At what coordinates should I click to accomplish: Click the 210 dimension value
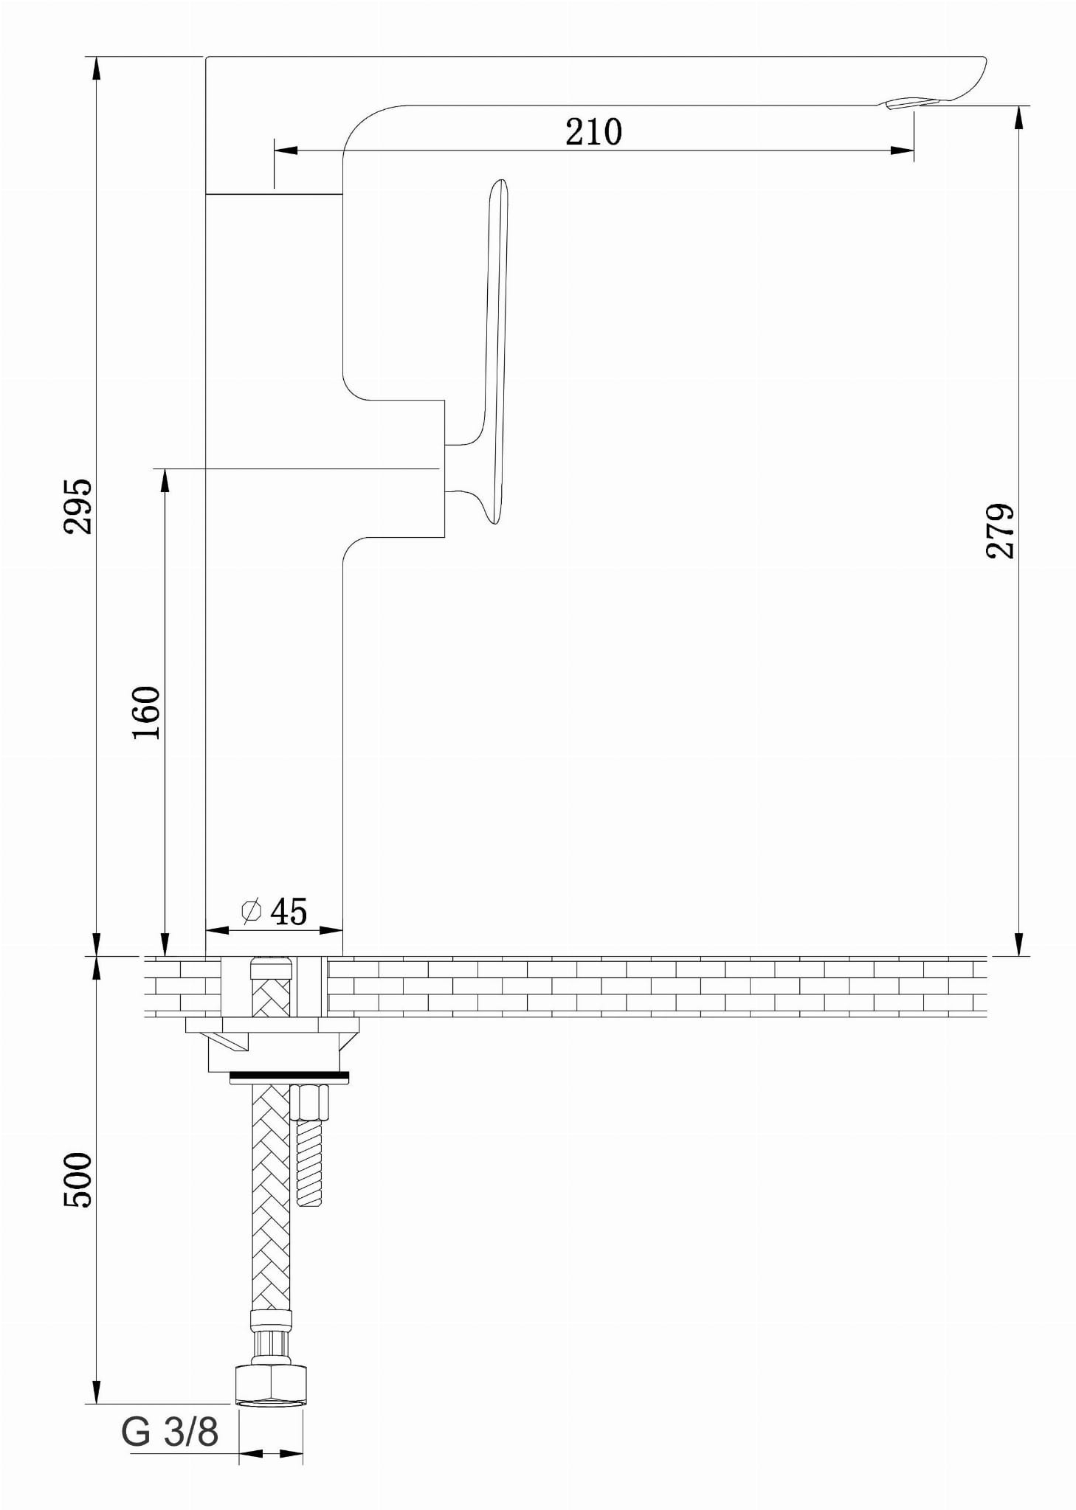click(593, 132)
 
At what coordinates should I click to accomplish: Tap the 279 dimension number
click(1000, 530)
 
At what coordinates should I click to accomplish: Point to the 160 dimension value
click(146, 713)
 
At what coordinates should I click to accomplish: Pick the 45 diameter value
click(289, 912)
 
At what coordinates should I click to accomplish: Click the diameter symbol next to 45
click(252, 911)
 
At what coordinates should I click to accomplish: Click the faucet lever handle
click(495, 347)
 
